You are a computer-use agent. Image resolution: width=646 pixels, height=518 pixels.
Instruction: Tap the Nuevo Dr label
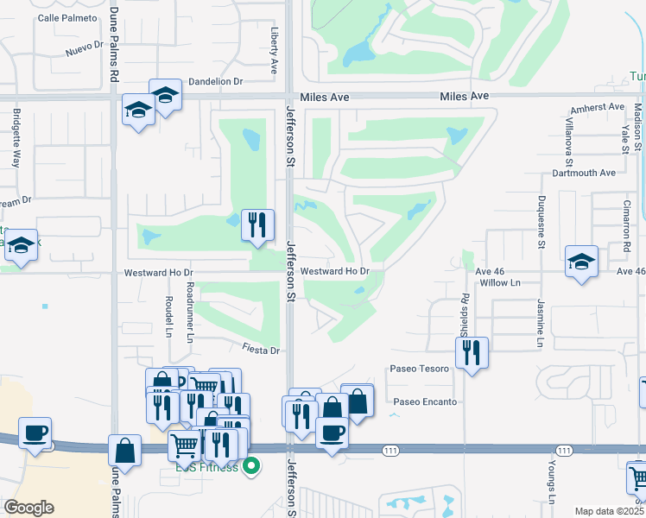[x=85, y=50]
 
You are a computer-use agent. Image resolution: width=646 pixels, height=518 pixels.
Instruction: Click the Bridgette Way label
[x=16, y=137]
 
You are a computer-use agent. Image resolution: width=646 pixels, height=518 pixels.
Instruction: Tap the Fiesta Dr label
[x=263, y=351]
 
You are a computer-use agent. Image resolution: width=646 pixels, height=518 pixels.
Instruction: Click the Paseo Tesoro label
[x=421, y=369]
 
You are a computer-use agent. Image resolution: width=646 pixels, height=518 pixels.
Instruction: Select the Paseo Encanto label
[x=425, y=401]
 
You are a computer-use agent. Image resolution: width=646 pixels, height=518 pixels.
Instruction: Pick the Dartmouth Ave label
[x=584, y=173]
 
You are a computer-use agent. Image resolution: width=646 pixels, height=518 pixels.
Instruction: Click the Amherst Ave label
[x=597, y=107]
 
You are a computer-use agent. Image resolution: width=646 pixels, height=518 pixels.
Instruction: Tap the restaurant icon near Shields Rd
[x=472, y=351]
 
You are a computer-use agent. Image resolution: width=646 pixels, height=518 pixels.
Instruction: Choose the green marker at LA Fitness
[x=251, y=467]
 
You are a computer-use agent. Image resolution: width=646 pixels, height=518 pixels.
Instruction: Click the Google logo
[x=28, y=507]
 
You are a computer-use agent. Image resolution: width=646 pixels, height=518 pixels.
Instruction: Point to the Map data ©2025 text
[x=609, y=511]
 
